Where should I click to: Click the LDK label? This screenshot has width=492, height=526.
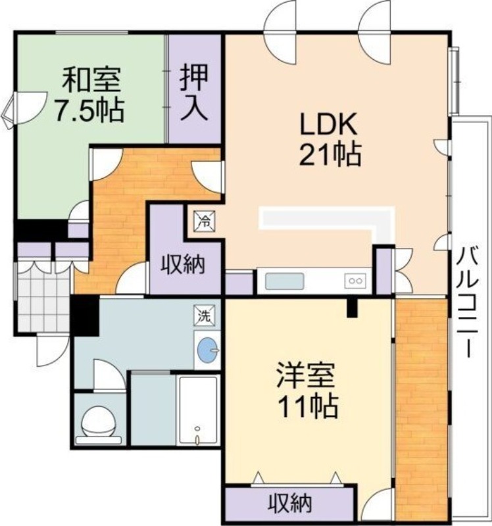click(x=328, y=124)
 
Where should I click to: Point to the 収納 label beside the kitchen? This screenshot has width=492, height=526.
click(x=184, y=266)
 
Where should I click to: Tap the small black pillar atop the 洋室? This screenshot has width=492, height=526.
click(x=353, y=306)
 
